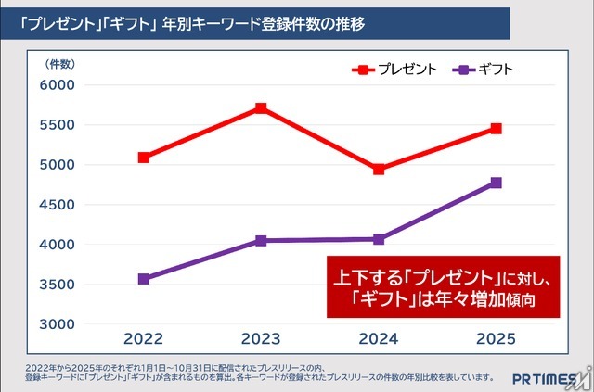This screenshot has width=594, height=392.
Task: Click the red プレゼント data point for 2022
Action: [144, 158]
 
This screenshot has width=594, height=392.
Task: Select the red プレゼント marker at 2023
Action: [262, 108]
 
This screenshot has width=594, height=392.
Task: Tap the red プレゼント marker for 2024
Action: [379, 170]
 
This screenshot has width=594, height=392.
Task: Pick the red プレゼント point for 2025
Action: [497, 129]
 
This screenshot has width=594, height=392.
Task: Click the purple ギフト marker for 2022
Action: [144, 279]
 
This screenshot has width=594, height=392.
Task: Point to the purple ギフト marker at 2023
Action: [262, 241]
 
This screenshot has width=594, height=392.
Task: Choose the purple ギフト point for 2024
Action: [379, 239]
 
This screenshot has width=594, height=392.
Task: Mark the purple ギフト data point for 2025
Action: [497, 183]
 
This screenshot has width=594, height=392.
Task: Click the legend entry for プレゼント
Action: [394, 70]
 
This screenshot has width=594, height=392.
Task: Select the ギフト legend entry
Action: [484, 70]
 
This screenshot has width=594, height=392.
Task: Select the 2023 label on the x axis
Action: [262, 338]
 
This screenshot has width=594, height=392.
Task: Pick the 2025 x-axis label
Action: [497, 338]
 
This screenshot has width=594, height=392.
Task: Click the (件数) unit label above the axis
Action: [59, 64]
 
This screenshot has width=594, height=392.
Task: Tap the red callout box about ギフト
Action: [445, 286]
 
